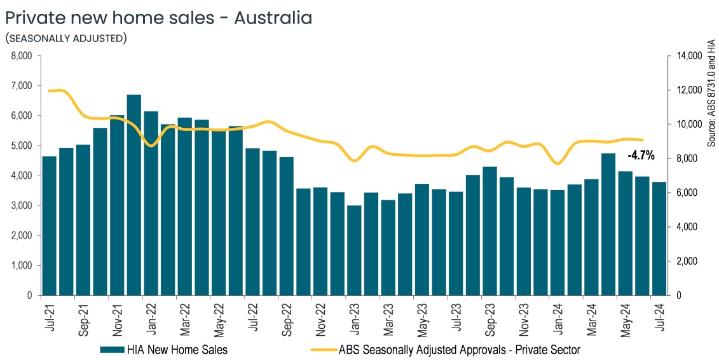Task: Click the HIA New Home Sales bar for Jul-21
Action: coord(50,226)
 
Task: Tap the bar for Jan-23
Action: coord(354,251)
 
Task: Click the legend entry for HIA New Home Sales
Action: coord(163,349)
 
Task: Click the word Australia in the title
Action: coord(273,18)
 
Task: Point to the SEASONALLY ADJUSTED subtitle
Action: coord(65,39)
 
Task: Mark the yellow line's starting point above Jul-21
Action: coord(50,91)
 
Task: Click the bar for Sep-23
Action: coord(490,231)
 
